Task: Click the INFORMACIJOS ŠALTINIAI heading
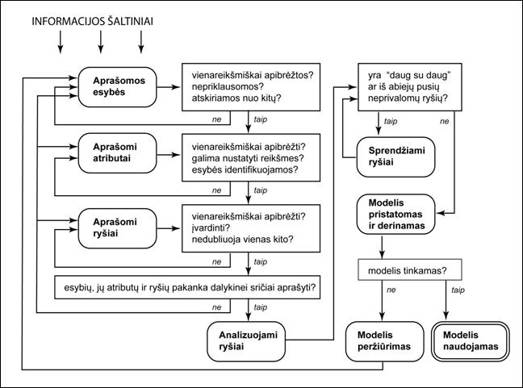point(92,21)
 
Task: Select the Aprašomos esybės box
point(117,87)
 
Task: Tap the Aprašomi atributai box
point(117,153)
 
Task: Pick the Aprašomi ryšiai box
point(117,228)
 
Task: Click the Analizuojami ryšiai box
point(246,341)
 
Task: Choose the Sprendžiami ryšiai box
point(396,156)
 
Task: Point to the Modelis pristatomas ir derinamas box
point(396,214)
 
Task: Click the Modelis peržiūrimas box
point(384,341)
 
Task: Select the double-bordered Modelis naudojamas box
point(471,341)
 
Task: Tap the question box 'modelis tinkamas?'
point(410,269)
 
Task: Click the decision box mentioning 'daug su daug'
point(410,87)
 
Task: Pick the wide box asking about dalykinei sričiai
point(187,287)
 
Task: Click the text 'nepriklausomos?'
point(228,86)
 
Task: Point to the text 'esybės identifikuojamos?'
point(245,169)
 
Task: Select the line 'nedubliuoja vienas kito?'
point(242,240)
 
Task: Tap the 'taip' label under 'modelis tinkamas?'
point(458,290)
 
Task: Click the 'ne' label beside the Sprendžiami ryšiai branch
point(444,121)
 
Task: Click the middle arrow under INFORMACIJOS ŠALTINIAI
point(101,42)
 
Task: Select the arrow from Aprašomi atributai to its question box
point(169,155)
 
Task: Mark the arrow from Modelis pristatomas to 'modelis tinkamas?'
point(382,247)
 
